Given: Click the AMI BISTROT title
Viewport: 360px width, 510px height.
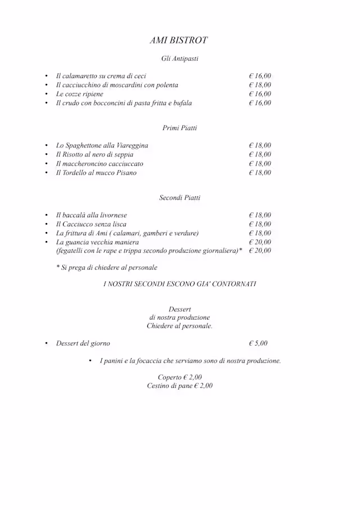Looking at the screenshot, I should [179, 41].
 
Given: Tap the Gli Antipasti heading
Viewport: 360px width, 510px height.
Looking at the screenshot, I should [179, 59].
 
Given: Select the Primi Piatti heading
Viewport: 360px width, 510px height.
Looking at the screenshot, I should [179, 128].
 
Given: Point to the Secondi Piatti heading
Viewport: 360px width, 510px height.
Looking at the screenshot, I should [179, 198].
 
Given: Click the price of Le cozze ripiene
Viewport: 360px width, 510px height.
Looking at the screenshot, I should [260, 94].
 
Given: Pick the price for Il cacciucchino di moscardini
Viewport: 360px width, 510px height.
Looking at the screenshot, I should [260, 85].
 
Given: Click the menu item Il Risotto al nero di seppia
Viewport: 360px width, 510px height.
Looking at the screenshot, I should [94, 155].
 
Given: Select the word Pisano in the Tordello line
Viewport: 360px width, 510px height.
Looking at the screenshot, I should [126, 173].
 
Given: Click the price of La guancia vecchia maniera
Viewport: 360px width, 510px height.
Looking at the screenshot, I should [260, 242].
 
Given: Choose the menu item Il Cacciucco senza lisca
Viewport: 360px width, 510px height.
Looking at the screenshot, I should [91, 224].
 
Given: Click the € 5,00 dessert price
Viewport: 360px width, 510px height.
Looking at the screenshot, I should [258, 343].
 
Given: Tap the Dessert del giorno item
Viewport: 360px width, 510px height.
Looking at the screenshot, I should [83, 343].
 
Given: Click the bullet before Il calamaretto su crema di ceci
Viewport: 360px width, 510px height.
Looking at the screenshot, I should [47, 76].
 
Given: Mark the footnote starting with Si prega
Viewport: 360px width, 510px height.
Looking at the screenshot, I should [107, 267].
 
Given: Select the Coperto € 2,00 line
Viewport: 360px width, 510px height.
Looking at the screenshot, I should [179, 377].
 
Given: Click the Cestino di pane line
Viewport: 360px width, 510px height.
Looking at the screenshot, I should [179, 386].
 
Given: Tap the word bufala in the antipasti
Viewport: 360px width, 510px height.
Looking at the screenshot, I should [181, 103].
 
